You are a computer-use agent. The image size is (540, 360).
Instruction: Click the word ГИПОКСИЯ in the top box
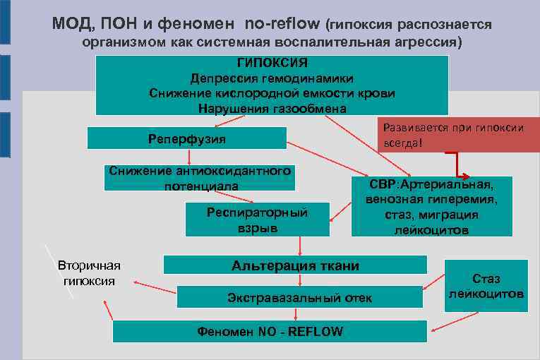pyautogui.click(x=272, y=64)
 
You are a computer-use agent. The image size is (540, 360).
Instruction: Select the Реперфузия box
pyautogui.click(x=187, y=138)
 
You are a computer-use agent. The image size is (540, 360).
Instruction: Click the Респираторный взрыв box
pyautogui.click(x=257, y=220)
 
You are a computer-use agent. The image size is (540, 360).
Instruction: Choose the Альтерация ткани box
pyautogui.click(x=295, y=265)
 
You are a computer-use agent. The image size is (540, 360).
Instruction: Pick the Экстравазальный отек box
pyautogui.click(x=299, y=297)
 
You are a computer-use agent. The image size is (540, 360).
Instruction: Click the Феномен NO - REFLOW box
pyautogui.click(x=270, y=331)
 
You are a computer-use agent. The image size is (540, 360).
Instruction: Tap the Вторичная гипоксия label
pyautogui.click(x=89, y=272)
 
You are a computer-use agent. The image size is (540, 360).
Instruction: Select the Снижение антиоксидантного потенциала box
pyautogui.click(x=199, y=178)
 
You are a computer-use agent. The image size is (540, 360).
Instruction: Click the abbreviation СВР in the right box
pyautogui.click(x=383, y=185)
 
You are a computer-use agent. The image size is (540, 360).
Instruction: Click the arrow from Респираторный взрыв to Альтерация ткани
pyautogui.click(x=300, y=245)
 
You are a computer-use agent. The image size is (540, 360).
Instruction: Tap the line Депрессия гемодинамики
pyautogui.click(x=272, y=78)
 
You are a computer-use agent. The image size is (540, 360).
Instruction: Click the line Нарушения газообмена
pyautogui.click(x=272, y=108)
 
